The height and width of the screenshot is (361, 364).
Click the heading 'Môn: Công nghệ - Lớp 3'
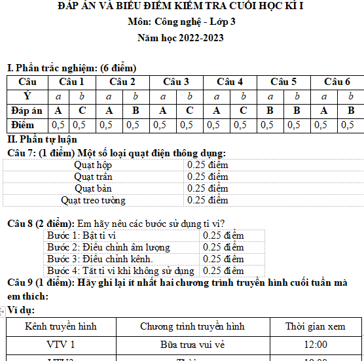(x=181, y=22)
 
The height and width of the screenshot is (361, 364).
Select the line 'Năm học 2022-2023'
(x=180, y=37)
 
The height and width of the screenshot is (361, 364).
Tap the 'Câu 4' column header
(x=230, y=82)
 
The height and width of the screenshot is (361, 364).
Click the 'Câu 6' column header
(x=337, y=82)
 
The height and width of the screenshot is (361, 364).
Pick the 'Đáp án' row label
(x=27, y=111)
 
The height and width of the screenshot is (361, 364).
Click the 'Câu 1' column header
(x=71, y=82)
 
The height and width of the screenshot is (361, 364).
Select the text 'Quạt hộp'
(x=93, y=165)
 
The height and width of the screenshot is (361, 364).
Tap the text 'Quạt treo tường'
(x=93, y=200)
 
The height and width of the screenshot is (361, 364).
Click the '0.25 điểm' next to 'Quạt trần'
(x=208, y=177)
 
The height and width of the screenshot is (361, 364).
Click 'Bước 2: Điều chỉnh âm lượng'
(x=109, y=247)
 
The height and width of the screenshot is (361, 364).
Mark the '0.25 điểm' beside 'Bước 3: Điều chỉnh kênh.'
(x=223, y=259)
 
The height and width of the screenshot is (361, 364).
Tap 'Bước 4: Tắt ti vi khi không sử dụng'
(x=120, y=271)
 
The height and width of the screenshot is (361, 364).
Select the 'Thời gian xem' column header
(x=316, y=326)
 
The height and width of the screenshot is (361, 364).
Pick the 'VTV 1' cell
(x=60, y=344)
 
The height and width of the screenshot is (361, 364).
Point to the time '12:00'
(x=316, y=344)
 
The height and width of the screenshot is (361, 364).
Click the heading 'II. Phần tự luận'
(x=42, y=139)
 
